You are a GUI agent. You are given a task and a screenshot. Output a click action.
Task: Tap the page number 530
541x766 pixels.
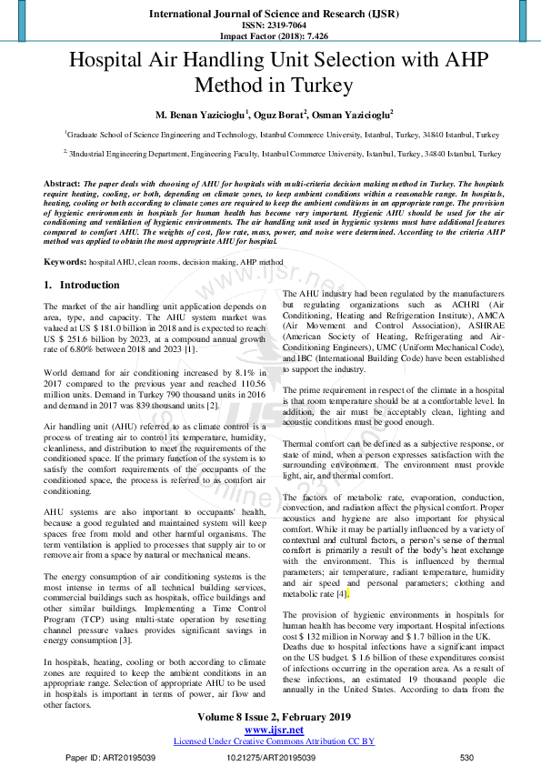tap(467, 758)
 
